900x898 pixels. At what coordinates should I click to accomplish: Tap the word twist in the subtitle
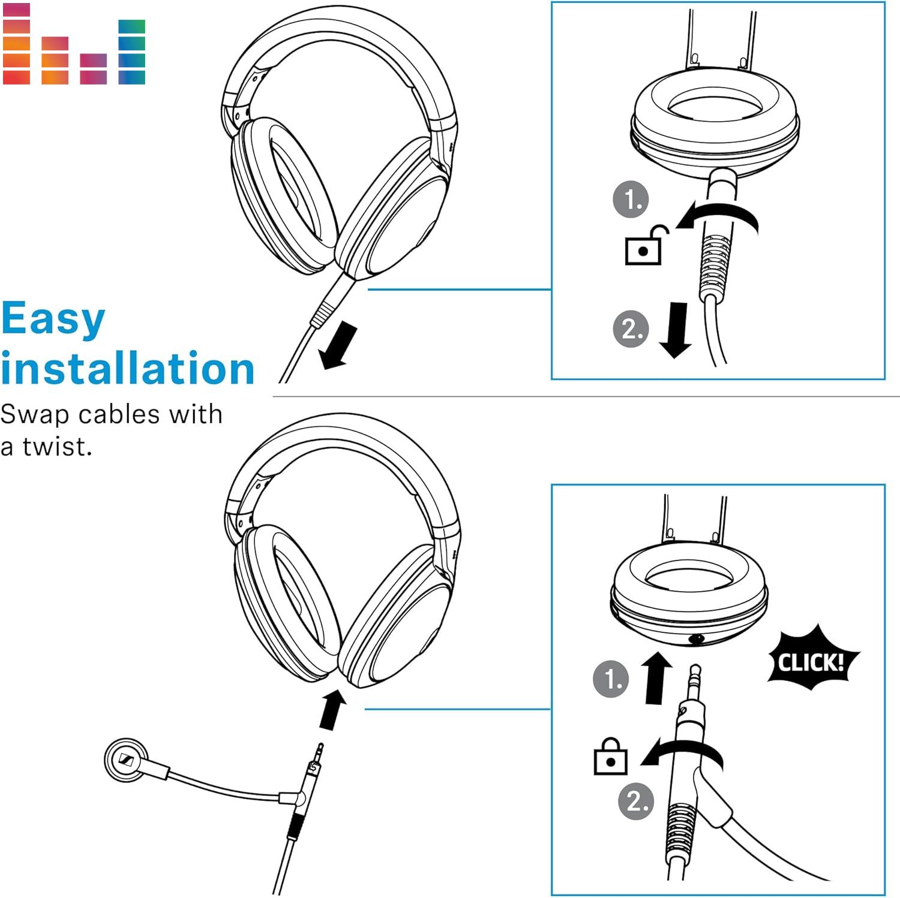58,447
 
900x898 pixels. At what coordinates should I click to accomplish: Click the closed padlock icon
610,757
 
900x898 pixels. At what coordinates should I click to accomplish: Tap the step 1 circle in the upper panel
631,199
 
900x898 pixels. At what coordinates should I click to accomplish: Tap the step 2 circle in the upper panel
631,329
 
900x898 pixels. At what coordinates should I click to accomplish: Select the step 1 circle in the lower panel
611,679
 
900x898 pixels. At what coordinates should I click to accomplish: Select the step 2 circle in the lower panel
636,801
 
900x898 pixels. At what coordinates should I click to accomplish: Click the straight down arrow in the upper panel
676,330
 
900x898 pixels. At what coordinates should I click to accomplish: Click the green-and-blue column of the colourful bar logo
131,52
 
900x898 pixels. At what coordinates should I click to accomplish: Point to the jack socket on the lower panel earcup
696,639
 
